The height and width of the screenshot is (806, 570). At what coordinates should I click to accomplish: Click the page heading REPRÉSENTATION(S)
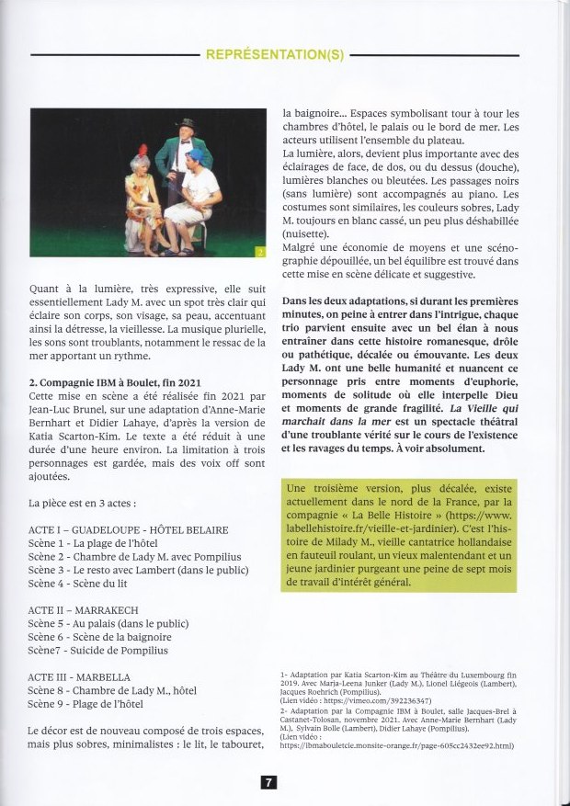[x=275, y=54]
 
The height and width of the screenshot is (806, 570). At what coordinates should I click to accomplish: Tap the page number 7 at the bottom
[x=268, y=782]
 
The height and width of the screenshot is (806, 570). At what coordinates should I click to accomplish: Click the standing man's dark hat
[x=187, y=123]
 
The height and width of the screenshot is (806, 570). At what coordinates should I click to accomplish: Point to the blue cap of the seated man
[x=194, y=156]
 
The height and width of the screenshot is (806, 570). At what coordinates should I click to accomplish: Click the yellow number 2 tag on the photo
[x=259, y=249]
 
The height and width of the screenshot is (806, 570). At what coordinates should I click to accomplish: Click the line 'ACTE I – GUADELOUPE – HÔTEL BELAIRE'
[x=129, y=530]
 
